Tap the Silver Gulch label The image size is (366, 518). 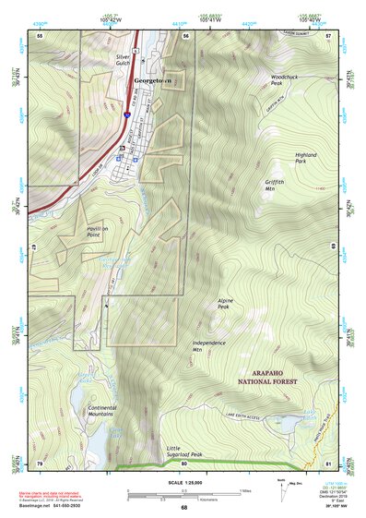pyautogui.click(x=124, y=60)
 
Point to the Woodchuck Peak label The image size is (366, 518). pyautogui.click(x=283, y=80)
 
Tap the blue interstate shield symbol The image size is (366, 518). pyautogui.click(x=126, y=115)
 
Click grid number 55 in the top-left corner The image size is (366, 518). pyautogui.click(x=40, y=35)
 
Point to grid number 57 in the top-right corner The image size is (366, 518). pyautogui.click(x=328, y=35)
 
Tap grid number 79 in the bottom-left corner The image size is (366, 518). pyautogui.click(x=40, y=463)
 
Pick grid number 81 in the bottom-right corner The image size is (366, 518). pyautogui.click(x=328, y=463)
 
